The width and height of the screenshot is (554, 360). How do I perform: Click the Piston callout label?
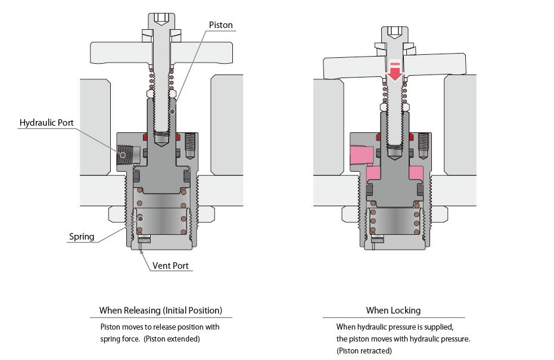point(221,25)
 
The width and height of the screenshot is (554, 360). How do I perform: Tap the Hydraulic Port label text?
point(46,123)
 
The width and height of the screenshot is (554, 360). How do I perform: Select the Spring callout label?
point(82,237)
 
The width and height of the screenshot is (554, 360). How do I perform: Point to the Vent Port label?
point(170,266)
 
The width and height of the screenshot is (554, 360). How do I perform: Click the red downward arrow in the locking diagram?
point(395,72)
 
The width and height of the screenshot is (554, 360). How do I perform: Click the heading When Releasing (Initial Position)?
point(161,311)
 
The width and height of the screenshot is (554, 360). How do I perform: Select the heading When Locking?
point(393,311)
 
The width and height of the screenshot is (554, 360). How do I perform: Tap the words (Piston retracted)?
point(364,351)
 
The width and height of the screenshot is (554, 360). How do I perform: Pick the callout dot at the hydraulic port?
point(123,155)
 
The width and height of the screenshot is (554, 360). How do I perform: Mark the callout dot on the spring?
point(140,219)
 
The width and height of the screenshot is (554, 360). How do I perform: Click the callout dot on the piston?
point(172,111)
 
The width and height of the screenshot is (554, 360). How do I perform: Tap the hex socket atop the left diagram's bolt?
point(161,19)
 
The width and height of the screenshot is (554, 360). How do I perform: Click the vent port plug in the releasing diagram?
point(144,240)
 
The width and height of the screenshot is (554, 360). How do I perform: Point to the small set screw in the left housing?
point(190,145)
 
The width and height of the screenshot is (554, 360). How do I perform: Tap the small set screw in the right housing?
point(423,145)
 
